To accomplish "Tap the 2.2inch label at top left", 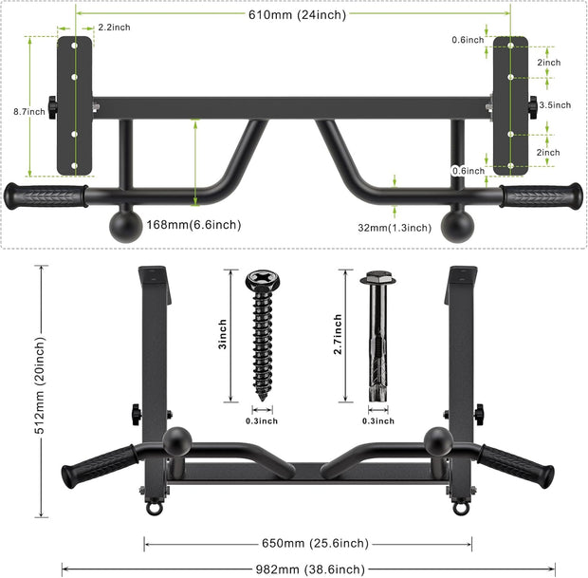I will coord(114,28).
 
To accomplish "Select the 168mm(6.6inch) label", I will coord(194,225).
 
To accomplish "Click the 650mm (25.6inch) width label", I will coord(309,543).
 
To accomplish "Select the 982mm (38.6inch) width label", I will coord(307,569).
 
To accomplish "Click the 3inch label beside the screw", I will coord(222,335).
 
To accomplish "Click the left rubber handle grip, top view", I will coord(46,196).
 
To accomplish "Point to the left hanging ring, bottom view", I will coord(152,508).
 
